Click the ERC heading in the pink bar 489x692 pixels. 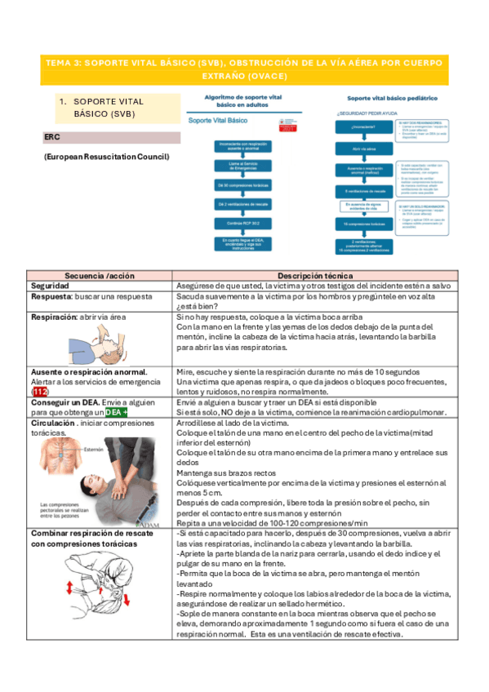[51, 138]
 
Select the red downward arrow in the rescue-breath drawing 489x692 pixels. [127, 601]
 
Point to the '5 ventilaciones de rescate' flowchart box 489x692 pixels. [365, 189]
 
